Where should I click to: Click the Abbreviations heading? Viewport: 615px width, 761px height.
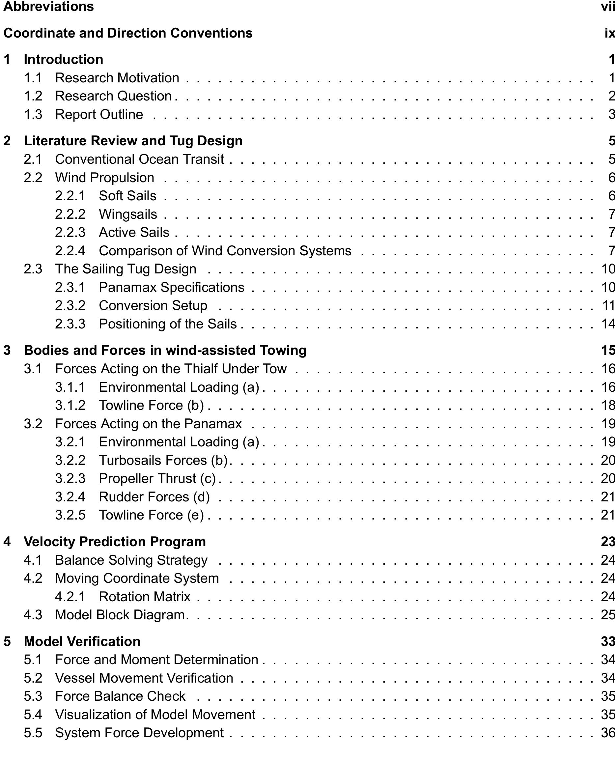(x=48, y=6)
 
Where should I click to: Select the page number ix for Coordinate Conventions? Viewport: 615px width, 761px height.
(x=609, y=33)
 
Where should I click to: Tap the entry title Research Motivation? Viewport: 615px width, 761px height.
(x=117, y=78)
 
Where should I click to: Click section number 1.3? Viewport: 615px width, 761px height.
(x=33, y=114)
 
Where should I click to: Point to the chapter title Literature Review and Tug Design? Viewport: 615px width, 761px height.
(x=133, y=141)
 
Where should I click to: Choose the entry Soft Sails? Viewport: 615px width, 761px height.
(x=127, y=196)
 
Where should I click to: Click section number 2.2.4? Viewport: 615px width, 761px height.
(x=70, y=250)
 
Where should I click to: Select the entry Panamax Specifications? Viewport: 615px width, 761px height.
(x=172, y=287)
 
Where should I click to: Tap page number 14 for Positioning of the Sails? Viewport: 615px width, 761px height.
(x=608, y=324)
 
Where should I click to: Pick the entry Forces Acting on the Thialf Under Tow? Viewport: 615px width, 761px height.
(x=171, y=369)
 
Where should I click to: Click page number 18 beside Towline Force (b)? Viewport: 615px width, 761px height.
(x=608, y=405)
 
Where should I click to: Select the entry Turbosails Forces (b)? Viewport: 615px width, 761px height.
(x=163, y=460)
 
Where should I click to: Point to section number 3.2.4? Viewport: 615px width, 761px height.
(x=70, y=497)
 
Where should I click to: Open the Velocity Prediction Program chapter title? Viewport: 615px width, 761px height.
(x=115, y=541)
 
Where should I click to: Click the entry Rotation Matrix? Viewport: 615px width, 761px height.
(x=145, y=597)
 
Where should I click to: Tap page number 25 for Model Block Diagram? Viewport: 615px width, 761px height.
(x=608, y=615)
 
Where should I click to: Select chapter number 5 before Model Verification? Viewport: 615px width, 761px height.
(x=7, y=641)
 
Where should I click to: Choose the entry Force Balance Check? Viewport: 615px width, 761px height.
(x=120, y=696)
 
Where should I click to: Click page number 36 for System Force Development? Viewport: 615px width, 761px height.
(x=608, y=733)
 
